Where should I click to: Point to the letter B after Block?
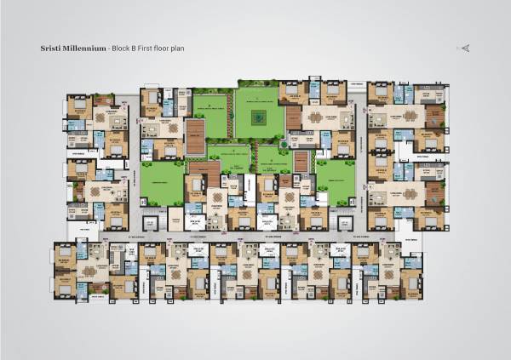(x=135, y=49)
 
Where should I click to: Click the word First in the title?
(x=146, y=49)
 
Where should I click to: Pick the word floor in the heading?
(x=163, y=49)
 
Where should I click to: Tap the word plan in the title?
(x=178, y=49)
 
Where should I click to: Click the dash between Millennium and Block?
(x=108, y=49)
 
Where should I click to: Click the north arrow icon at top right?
(x=465, y=48)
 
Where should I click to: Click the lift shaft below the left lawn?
(x=152, y=223)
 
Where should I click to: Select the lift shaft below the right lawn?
(x=346, y=223)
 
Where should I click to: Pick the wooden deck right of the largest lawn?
(x=293, y=117)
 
